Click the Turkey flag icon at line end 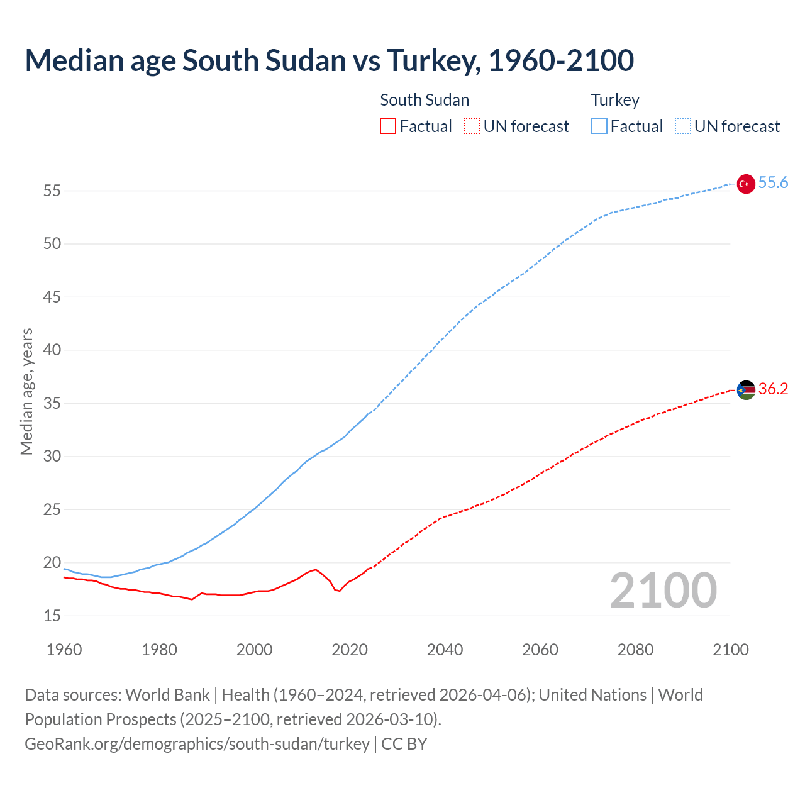pos(745,184)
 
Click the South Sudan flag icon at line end pos(745,390)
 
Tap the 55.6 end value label pos(773,183)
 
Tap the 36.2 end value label pos(773,389)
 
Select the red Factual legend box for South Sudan pos(388,126)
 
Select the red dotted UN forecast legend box pos(472,126)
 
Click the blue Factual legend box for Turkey pos(599,126)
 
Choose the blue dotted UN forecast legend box pos(682,126)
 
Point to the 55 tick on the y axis pos(52,191)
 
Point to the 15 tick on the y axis pos(52,616)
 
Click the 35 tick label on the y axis pos(52,403)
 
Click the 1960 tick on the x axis pos(64,650)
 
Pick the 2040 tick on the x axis pos(445,650)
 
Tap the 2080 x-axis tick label pos(635,650)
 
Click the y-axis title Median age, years pos(26,391)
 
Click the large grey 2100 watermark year pos(663,591)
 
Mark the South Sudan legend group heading pos(425,100)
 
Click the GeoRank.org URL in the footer pos(197,744)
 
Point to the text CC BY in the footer pos(404,744)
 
